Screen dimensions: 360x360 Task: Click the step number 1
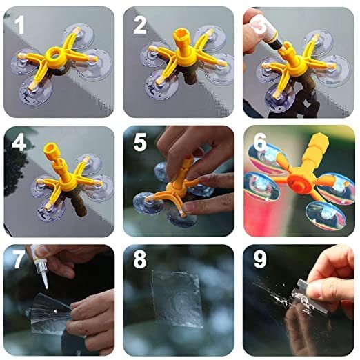point(19,25)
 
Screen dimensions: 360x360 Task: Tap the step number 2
point(140,25)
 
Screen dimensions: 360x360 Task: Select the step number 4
point(19,143)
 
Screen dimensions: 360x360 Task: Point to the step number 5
point(140,143)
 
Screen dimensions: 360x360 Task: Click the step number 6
point(260,142)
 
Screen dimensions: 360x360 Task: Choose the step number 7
point(19,259)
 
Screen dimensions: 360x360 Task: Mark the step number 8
point(139,259)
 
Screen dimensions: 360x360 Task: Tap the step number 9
point(260,259)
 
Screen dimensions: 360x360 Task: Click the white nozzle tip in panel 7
point(45,280)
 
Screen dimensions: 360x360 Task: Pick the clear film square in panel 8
point(177,299)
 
